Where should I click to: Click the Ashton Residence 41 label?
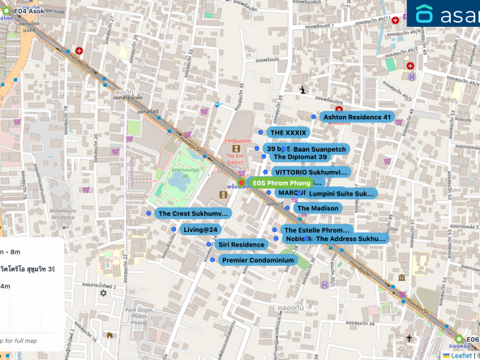click(x=357, y=118)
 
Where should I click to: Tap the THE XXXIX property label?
click(x=289, y=132)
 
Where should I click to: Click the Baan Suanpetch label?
click(x=320, y=150)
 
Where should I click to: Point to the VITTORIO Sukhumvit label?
click(x=311, y=172)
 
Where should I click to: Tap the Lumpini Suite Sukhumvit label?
click(x=341, y=195)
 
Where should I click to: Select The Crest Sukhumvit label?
click(x=193, y=214)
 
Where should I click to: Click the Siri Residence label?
click(x=241, y=244)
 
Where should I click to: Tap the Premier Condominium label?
click(x=257, y=260)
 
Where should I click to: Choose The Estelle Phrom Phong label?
click(x=316, y=230)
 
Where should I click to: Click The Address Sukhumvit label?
click(x=350, y=239)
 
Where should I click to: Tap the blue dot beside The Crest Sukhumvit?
click(x=148, y=213)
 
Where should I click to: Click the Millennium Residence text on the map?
click(x=62, y=213)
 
